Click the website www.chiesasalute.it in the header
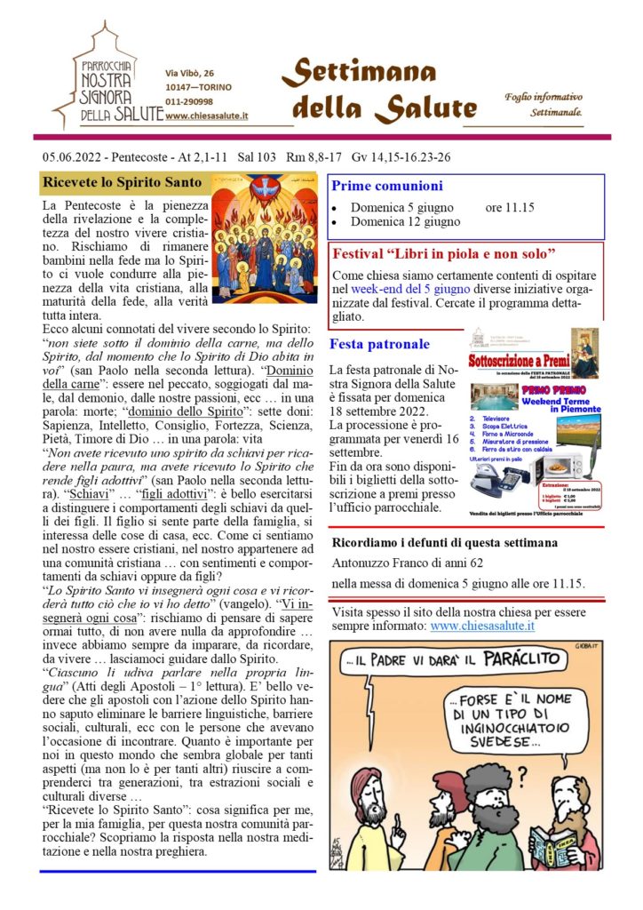pos(206,116)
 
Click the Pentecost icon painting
pos(266,237)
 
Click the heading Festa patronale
pos(379,344)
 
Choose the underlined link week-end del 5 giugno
pos(430,288)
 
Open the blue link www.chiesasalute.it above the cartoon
pos(482,627)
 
